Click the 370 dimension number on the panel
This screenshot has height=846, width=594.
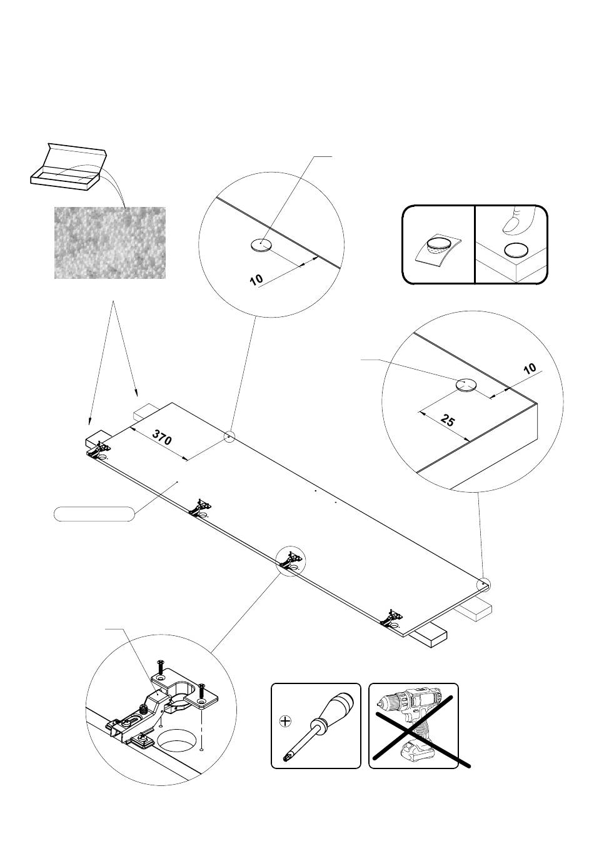(x=161, y=437)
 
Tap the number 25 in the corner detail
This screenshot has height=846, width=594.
(x=447, y=420)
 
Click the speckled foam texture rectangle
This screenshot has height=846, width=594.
(x=110, y=243)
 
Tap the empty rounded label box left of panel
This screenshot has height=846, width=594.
(x=94, y=514)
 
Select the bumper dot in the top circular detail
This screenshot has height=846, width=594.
(x=261, y=246)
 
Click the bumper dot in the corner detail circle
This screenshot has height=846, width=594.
(x=466, y=385)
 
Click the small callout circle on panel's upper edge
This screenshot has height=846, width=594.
(x=229, y=437)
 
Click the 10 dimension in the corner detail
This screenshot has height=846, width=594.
(x=530, y=369)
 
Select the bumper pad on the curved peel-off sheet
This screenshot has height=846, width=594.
(x=438, y=244)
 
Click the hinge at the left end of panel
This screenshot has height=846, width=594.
(x=99, y=451)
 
